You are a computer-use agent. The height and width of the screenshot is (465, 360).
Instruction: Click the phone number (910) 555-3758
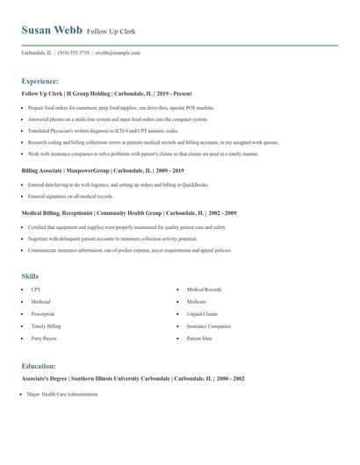pyautogui.click(x=75, y=53)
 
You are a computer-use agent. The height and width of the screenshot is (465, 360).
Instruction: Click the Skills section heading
pyautogui.click(x=30, y=275)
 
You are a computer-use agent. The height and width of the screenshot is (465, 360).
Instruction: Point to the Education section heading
pyautogui.click(x=39, y=365)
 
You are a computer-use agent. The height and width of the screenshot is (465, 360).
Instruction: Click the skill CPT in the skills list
pyautogui.click(x=35, y=289)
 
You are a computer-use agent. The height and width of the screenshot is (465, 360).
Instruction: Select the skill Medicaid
pyautogui.click(x=40, y=301)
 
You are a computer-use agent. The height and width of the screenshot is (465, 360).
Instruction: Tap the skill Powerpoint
pyautogui.click(x=42, y=313)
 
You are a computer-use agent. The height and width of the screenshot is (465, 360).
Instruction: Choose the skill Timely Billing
pyautogui.click(x=46, y=325)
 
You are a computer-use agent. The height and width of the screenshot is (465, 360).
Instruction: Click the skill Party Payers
pyautogui.click(x=44, y=338)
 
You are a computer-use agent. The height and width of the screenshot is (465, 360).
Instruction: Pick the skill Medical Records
pyautogui.click(x=204, y=289)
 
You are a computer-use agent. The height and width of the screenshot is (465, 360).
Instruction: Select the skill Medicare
pyautogui.click(x=197, y=301)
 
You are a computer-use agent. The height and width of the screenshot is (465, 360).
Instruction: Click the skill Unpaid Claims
pyautogui.click(x=202, y=313)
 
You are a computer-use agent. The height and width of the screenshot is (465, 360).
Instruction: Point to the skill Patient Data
pyautogui.click(x=199, y=338)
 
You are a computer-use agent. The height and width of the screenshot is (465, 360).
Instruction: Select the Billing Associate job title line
pyautogui.click(x=101, y=171)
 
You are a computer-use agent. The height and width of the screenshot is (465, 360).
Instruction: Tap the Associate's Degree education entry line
pyautogui.click(x=133, y=378)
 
